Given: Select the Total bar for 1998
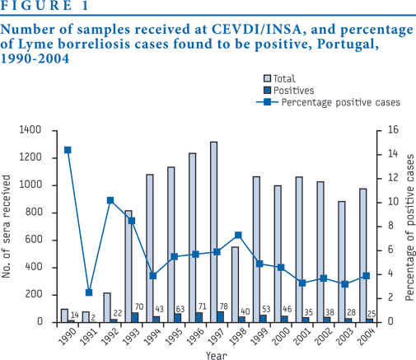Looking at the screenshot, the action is click(235, 284).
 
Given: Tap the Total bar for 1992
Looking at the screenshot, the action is click(107, 307).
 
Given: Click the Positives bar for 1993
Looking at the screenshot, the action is click(135, 317).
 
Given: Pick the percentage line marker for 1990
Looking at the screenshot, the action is click(68, 150).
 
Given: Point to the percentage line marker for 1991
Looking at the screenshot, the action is click(89, 292).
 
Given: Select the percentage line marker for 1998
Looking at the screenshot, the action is click(238, 235).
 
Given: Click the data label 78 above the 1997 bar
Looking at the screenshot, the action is click(224, 306).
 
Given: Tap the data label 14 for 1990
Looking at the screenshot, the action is click(75, 315).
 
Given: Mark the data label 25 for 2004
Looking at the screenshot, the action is click(372, 314).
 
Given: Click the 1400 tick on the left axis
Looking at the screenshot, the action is click(30, 129).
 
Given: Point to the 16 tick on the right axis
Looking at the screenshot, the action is click(393, 129).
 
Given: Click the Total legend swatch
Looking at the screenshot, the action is click(267, 78).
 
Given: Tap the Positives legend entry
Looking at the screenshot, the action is click(288, 91).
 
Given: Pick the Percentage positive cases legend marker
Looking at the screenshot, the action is click(267, 102).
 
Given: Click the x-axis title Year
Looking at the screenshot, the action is click(217, 355).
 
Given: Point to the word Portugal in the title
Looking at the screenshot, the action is click(348, 44).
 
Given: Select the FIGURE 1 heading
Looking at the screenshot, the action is click(44, 6).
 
